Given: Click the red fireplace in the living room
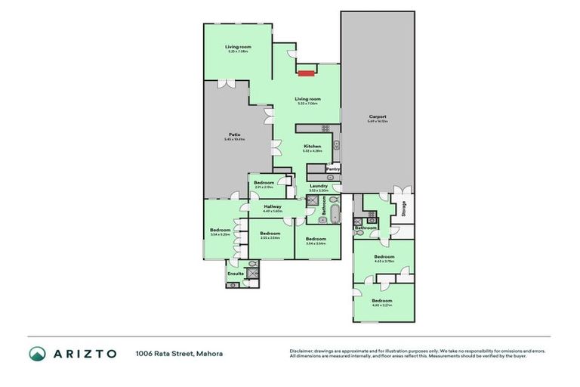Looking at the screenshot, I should [x=306, y=73].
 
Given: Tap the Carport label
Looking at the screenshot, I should [x=377, y=116].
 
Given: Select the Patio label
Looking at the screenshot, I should [x=236, y=135].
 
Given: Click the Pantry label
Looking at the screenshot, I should [x=333, y=169].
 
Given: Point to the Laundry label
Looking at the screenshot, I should [x=318, y=186].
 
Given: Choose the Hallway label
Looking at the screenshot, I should [x=273, y=206].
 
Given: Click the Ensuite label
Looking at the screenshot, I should [x=236, y=273].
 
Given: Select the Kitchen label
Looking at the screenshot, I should [x=313, y=146].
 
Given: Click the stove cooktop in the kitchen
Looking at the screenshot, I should [x=336, y=144].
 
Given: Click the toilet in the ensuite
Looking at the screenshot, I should [x=233, y=285].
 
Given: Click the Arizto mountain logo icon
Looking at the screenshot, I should [x=37, y=354].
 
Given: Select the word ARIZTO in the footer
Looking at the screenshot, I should [x=84, y=354].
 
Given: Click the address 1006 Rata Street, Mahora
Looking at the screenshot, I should [x=179, y=353].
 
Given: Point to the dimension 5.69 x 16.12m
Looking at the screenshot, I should [x=377, y=121].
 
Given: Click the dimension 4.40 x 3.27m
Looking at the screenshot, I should [x=384, y=305].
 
